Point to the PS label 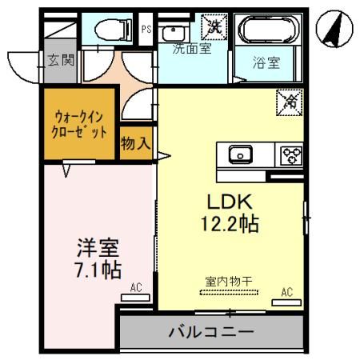146,30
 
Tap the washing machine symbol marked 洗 214,26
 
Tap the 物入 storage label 134,143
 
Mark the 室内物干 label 229,281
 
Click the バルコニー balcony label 211,330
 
